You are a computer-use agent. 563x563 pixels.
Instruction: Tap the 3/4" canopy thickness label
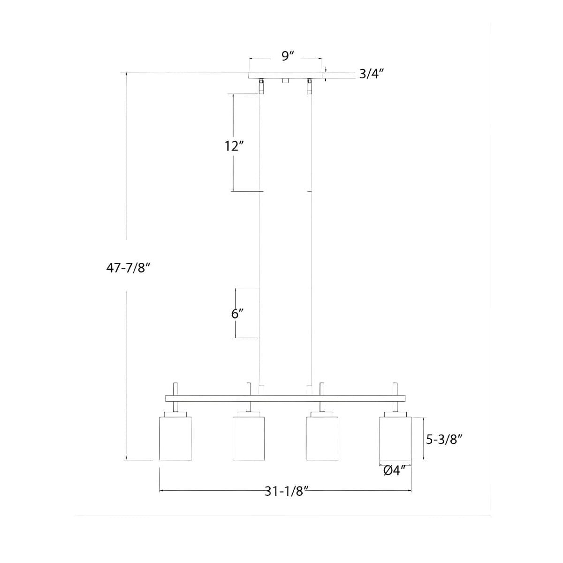[x=371, y=74]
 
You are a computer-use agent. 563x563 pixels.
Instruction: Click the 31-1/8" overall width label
[x=287, y=491]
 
